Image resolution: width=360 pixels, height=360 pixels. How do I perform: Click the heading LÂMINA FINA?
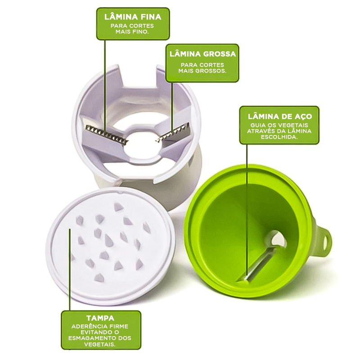tap(133, 17)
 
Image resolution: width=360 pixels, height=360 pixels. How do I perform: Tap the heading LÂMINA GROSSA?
tap(203, 54)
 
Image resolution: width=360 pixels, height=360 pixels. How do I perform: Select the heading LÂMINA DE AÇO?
tap(280, 116)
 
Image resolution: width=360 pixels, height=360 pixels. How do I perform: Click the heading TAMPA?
tap(100, 318)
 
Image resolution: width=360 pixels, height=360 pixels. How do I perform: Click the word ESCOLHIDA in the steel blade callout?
tap(279, 137)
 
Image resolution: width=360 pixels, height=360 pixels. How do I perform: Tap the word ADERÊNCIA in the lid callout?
tap(88, 326)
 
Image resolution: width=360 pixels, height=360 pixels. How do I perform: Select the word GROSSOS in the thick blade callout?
tap(213, 71)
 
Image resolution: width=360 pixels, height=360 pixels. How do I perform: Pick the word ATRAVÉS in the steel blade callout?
tap(260, 131)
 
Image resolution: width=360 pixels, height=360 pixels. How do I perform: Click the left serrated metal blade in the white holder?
tap(106, 135)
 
